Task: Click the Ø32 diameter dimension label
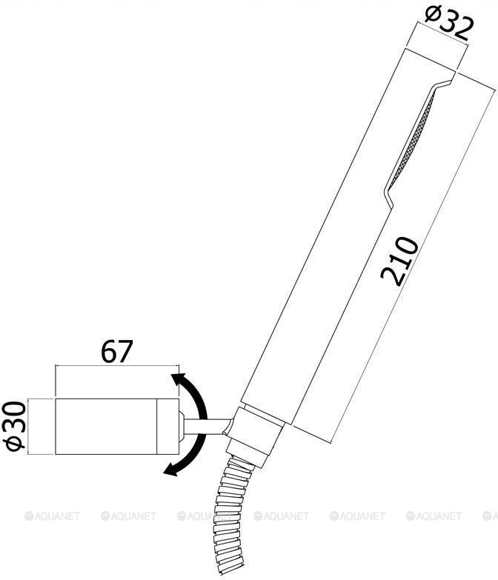click(449, 21)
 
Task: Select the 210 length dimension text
click(399, 262)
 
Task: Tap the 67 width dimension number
click(116, 351)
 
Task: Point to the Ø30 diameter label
click(15, 427)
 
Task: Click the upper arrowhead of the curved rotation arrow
click(179, 381)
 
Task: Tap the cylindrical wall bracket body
click(117, 427)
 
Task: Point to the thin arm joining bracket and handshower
click(208, 427)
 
